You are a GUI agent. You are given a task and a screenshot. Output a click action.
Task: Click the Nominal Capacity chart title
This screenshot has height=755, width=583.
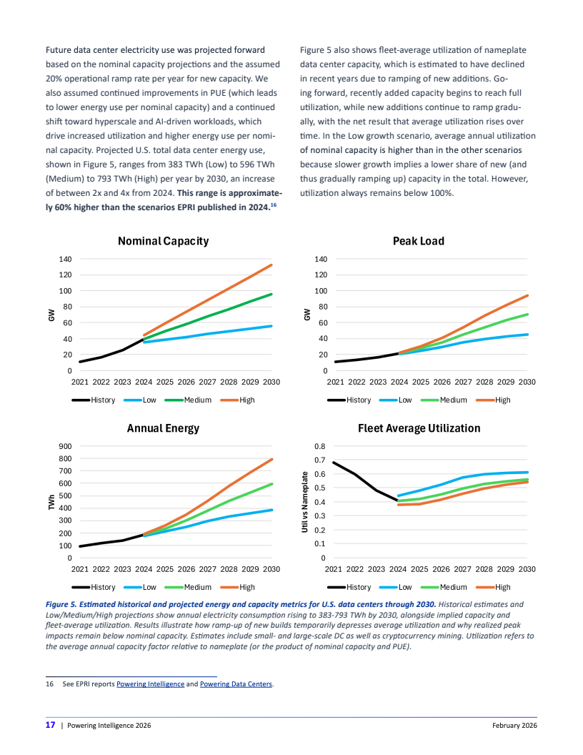[x=163, y=241]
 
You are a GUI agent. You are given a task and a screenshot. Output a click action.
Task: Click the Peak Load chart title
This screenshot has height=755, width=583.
[x=418, y=241]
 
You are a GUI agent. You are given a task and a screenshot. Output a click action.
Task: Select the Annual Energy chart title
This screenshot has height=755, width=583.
[x=163, y=428]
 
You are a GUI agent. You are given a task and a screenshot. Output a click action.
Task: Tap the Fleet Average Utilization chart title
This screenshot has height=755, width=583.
[x=419, y=428]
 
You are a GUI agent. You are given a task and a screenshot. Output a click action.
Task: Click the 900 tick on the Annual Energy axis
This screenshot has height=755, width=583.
[x=64, y=446]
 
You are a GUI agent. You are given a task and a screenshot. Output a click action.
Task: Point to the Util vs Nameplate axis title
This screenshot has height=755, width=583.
[x=306, y=502]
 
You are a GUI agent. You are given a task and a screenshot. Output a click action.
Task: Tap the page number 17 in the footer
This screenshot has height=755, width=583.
[x=51, y=725]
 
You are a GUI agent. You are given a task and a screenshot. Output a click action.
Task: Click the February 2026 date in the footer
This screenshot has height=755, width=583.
[x=514, y=726]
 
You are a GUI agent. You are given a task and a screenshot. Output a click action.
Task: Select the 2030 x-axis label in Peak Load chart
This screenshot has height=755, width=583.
[x=527, y=382]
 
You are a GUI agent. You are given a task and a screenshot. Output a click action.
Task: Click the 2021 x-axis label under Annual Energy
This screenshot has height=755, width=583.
[x=79, y=569]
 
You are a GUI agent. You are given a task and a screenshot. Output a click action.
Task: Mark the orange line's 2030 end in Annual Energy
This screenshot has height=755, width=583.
[x=271, y=460]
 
